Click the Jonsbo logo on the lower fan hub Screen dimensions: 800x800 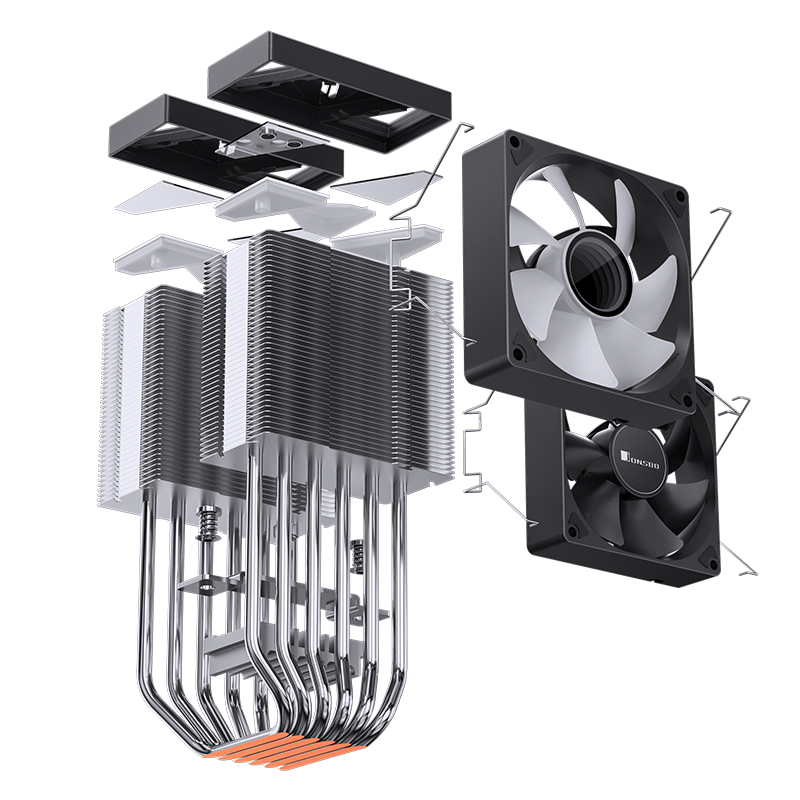pyautogui.click(x=640, y=458)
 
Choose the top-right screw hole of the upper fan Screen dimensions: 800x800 pyautogui.click(x=679, y=195)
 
